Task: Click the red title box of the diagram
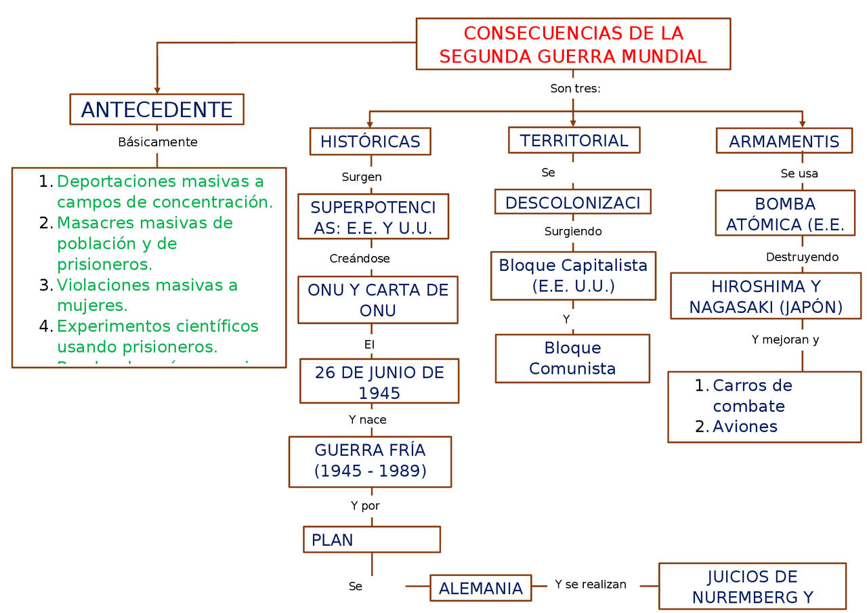point(573,44)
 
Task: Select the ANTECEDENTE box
point(156,110)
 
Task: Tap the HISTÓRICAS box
point(370,142)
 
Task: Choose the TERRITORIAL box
point(574,140)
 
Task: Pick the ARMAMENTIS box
point(784,142)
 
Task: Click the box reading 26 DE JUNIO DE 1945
point(379,382)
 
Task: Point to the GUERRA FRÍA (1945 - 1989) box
point(370,461)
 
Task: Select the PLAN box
point(371,540)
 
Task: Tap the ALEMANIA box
point(480,588)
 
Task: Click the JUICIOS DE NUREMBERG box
point(752,587)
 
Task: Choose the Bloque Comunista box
point(572,358)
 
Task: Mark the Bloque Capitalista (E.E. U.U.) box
point(573,276)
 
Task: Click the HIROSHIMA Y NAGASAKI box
point(765,296)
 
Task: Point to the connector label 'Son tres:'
point(575,89)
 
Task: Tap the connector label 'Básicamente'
point(158,142)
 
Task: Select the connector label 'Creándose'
point(360,259)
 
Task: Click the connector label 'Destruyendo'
point(802,257)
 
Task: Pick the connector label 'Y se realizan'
point(590,585)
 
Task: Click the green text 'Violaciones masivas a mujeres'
point(147,295)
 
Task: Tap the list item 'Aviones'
point(744,427)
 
